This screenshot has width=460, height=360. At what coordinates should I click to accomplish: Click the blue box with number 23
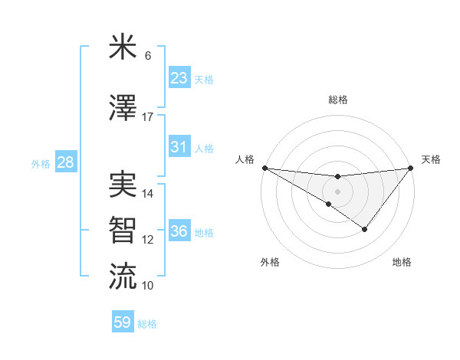(179, 78)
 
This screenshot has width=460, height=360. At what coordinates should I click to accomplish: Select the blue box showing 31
(179, 147)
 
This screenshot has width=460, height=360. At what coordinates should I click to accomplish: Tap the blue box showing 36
(179, 231)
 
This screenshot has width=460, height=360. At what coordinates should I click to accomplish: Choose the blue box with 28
(64, 162)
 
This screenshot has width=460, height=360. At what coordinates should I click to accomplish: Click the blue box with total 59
(123, 322)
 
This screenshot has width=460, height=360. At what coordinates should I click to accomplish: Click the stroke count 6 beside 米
(147, 56)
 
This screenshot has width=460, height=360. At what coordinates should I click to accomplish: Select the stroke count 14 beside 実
(148, 193)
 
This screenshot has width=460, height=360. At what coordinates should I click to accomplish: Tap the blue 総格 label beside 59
(147, 324)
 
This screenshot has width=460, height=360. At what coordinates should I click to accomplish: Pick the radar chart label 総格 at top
(337, 100)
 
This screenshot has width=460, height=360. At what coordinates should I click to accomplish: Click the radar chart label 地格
(402, 263)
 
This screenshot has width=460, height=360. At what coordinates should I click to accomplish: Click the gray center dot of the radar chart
(337, 191)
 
